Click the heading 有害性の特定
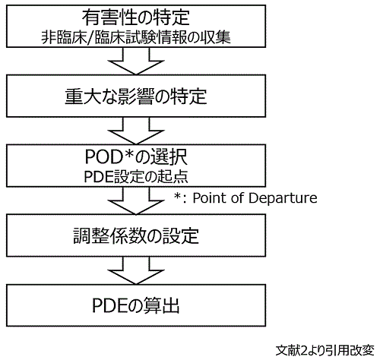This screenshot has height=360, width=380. (136, 17)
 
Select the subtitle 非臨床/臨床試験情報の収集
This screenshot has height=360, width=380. (136, 37)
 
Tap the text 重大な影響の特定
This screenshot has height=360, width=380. (136, 96)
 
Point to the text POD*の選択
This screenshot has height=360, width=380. (136, 156)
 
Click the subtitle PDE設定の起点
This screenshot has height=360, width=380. (136, 176)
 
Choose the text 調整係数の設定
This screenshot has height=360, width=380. (136, 235)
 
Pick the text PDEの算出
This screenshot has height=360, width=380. (136, 305)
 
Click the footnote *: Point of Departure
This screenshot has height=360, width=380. (245, 198)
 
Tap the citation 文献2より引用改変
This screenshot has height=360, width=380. (325, 350)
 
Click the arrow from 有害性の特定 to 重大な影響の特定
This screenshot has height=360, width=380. (136, 62)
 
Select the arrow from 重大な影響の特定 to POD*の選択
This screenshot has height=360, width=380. (136, 131)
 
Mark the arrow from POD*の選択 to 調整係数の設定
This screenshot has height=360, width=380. (136, 201)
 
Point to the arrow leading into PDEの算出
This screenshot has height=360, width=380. (136, 270)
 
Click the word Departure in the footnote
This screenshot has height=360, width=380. (283, 198)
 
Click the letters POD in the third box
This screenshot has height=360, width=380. (104, 157)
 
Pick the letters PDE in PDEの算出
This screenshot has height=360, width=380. (110, 305)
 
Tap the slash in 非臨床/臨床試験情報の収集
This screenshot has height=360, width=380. (90, 38)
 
